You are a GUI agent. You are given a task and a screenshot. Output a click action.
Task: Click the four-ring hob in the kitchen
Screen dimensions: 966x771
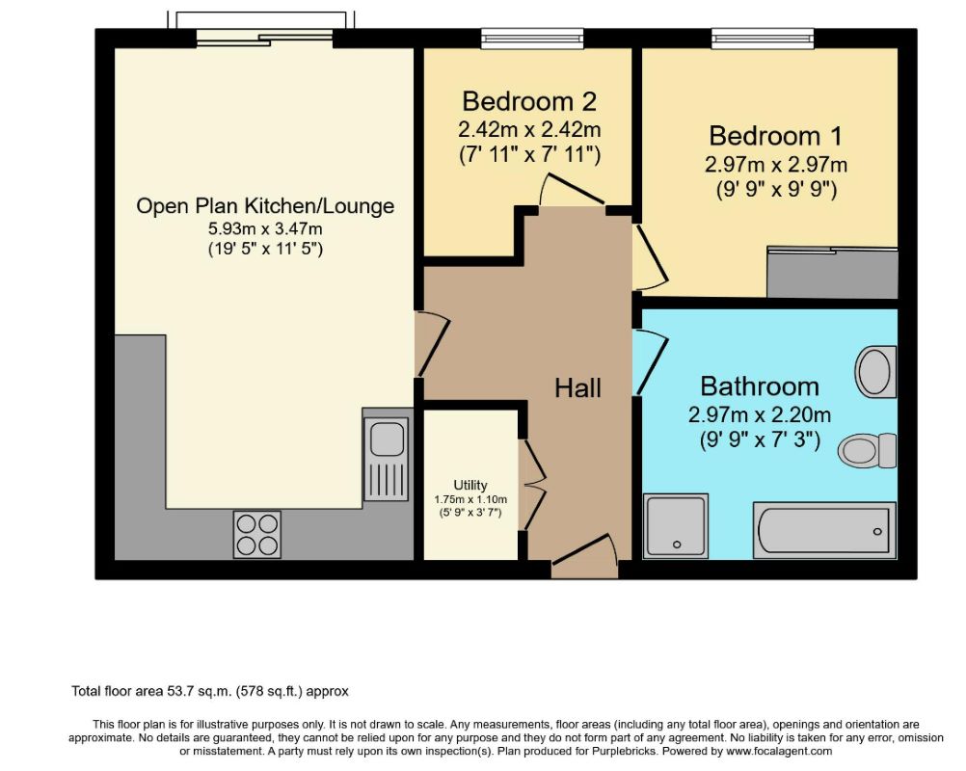click(256, 535)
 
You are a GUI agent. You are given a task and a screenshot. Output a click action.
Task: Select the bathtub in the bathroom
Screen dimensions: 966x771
click(824, 530)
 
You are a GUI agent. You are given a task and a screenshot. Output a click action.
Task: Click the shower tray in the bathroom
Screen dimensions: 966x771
click(675, 526)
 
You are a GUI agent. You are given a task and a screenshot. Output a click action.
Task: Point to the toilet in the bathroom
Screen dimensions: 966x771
click(868, 450)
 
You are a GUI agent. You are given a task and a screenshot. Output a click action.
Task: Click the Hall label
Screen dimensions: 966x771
click(577, 388)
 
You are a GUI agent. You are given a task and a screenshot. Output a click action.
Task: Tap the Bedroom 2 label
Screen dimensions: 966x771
click(529, 101)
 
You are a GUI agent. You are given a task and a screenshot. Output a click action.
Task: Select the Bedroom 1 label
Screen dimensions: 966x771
click(775, 136)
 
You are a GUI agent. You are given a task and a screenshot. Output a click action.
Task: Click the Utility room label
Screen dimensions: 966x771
click(470, 485)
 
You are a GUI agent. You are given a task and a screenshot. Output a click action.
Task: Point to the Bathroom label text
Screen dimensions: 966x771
click(760, 386)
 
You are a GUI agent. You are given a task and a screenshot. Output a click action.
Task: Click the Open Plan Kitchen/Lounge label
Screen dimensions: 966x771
click(265, 205)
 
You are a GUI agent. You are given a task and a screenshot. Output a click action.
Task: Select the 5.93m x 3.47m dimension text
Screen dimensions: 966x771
click(265, 229)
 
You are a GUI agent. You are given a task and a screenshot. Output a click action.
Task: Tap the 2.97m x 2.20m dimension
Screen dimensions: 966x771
click(760, 414)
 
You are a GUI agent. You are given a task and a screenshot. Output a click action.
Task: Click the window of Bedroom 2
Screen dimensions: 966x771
click(532, 39)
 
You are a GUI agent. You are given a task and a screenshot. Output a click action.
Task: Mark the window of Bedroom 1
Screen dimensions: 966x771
click(763, 39)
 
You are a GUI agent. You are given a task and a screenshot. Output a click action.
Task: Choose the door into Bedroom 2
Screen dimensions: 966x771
click(571, 190)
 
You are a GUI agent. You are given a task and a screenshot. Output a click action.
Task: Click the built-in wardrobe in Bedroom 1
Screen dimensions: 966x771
click(832, 272)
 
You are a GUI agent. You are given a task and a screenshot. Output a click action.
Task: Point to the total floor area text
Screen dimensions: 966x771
click(210, 691)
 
